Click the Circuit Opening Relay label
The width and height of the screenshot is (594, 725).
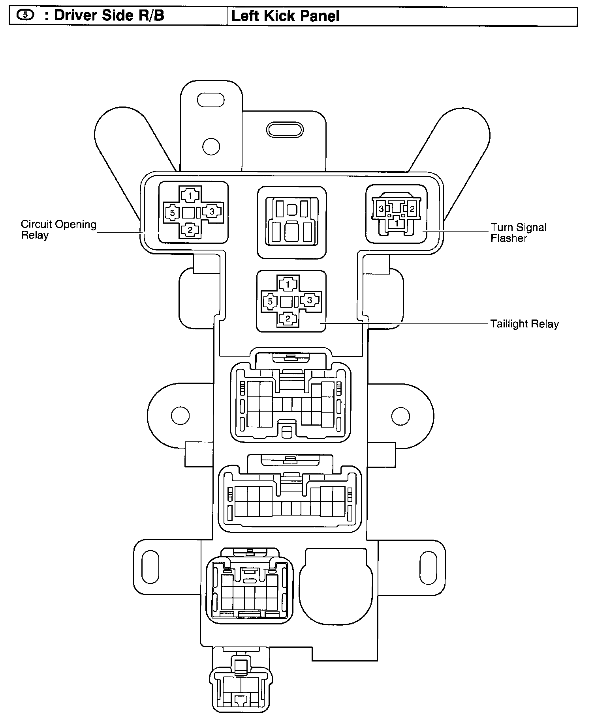[58, 230]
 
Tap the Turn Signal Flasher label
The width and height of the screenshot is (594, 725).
[518, 232]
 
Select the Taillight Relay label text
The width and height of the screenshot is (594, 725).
[524, 324]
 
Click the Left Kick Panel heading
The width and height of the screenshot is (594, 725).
[285, 16]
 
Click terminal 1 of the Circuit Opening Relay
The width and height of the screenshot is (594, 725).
[190, 195]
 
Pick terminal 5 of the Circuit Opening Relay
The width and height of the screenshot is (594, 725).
[172, 213]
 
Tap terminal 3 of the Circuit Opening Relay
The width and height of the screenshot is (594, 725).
[212, 211]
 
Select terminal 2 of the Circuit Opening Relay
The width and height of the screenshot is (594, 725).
[190, 230]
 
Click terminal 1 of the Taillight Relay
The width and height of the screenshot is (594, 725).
[288, 284]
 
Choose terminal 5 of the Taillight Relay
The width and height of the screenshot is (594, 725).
[270, 302]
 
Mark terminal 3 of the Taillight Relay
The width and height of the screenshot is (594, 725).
[310, 300]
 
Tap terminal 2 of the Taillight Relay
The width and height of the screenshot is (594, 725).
[288, 318]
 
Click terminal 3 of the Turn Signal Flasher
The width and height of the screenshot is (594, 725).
[381, 209]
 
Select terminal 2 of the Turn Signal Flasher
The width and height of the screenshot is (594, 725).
[412, 209]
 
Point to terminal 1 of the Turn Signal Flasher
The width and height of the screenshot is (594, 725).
[397, 223]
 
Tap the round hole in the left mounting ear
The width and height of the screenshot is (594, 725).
[180, 415]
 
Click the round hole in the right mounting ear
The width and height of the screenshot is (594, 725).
[400, 415]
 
